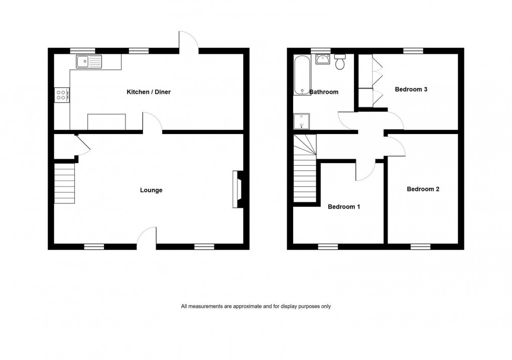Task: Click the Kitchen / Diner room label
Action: pos(148,92)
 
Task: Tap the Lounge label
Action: pos(151,190)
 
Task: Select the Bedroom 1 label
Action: pos(344,206)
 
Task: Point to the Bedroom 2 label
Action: pos(423,189)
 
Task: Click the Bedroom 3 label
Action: pos(411,89)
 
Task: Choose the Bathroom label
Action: pos(324,92)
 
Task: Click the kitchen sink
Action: pos(88,62)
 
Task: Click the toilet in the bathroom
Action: pos(340,62)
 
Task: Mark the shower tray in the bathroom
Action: pos(302,121)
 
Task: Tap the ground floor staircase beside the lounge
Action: pos(64,185)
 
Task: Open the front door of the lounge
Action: pos(147,237)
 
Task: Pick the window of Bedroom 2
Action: pos(420,246)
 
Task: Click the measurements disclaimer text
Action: pos(256,306)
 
